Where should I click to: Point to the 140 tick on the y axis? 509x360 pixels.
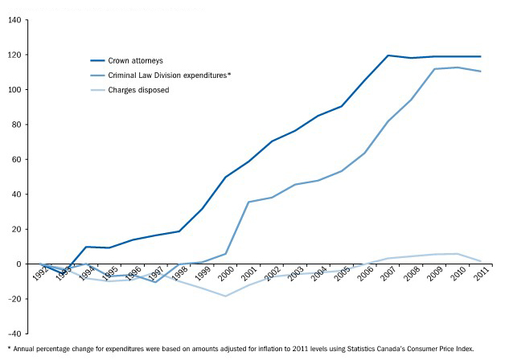coord(14,20)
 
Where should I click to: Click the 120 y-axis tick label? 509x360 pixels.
coord(14,55)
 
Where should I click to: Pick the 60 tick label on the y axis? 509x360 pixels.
coord(16,159)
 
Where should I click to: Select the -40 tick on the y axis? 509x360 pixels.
coord(14,333)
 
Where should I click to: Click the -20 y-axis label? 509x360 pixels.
coord(14,298)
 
